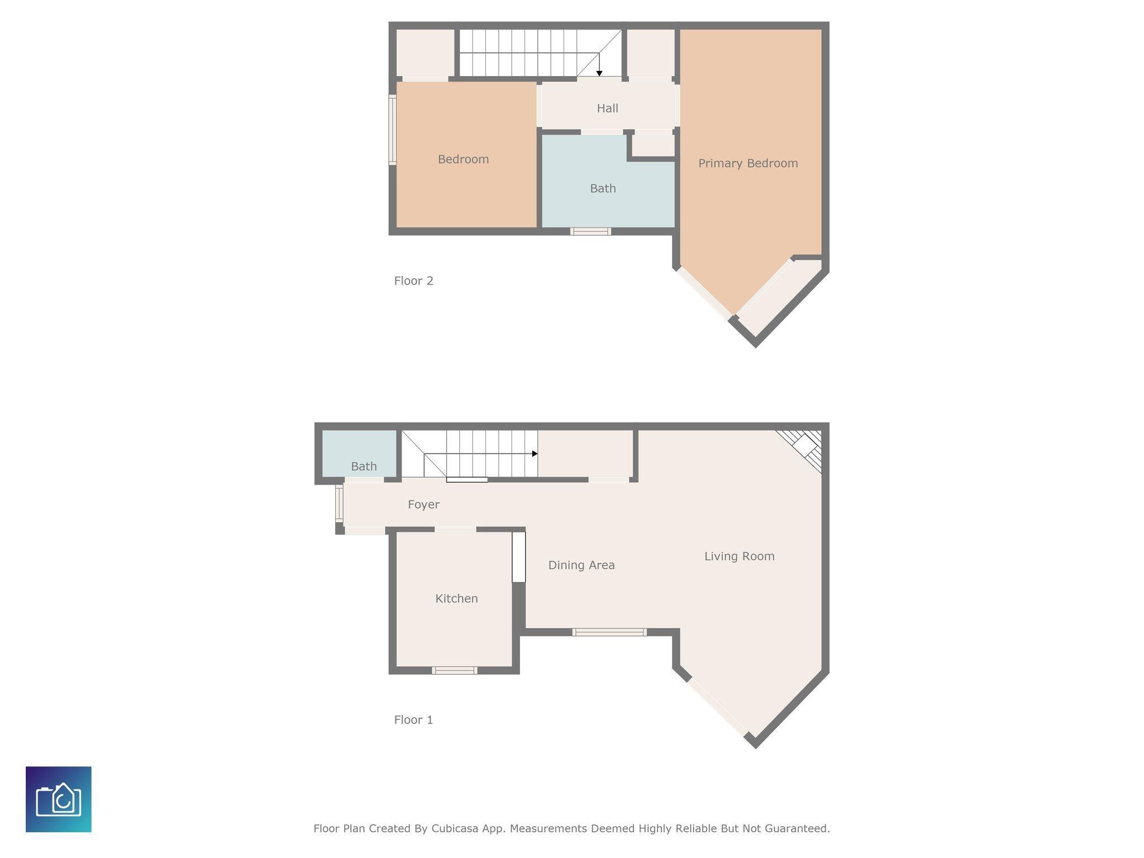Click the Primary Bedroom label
[748, 164]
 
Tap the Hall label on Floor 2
[607, 108]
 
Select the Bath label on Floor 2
[603, 189]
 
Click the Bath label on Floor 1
[364, 466]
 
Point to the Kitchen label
[456, 599]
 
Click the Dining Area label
[581, 565]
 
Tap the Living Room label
[739, 556]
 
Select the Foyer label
[423, 505]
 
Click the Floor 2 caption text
[413, 281]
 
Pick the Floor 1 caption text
[413, 720]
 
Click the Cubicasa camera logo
[59, 799]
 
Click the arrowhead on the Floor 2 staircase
[599, 73]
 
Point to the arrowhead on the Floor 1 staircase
[535, 454]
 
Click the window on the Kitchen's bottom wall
[455, 670]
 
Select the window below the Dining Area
[609, 632]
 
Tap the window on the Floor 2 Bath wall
[590, 231]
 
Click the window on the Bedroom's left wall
[393, 130]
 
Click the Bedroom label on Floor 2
[463, 160]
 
